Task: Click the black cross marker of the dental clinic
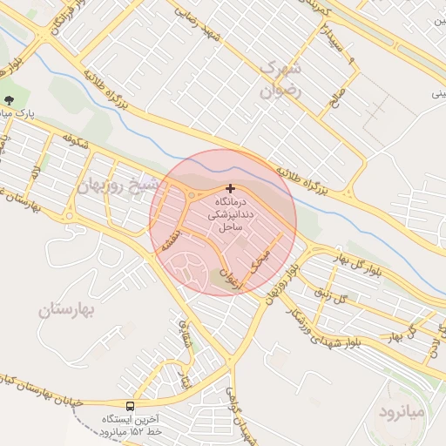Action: pyautogui.click(x=230, y=188)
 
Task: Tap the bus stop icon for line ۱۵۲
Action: pyautogui.click(x=131, y=406)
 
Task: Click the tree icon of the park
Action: pyautogui.click(x=9, y=100)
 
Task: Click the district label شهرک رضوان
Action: pyautogui.click(x=280, y=78)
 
